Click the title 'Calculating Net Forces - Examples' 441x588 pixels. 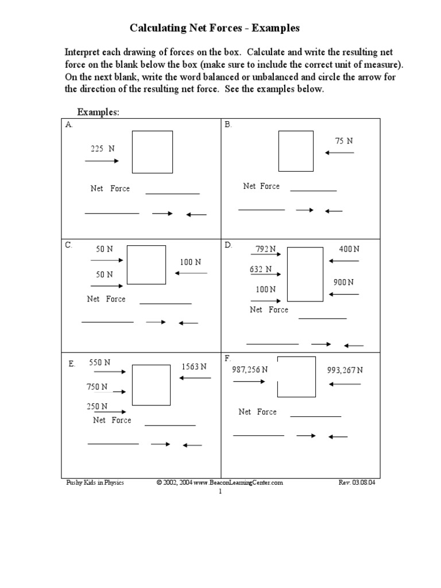[x=215, y=28]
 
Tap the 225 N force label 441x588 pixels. [x=103, y=148]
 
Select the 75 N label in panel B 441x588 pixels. [x=344, y=141]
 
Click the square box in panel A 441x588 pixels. [x=152, y=152]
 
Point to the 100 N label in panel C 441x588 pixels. [x=191, y=262]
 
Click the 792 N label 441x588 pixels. [x=265, y=249]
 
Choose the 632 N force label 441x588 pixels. [x=261, y=269]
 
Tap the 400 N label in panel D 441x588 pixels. [x=349, y=249]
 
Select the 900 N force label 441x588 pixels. [x=343, y=282]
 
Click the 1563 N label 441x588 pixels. [x=194, y=366]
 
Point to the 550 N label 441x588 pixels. [x=99, y=362]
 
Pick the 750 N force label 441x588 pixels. [x=97, y=387]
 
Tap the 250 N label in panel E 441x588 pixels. [x=97, y=406]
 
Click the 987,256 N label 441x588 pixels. [x=250, y=370]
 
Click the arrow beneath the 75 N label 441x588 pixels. [x=339, y=153]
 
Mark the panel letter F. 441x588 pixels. [x=228, y=358]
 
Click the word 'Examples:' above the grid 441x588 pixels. [x=98, y=112]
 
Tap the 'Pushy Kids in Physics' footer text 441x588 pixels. [x=95, y=483]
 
